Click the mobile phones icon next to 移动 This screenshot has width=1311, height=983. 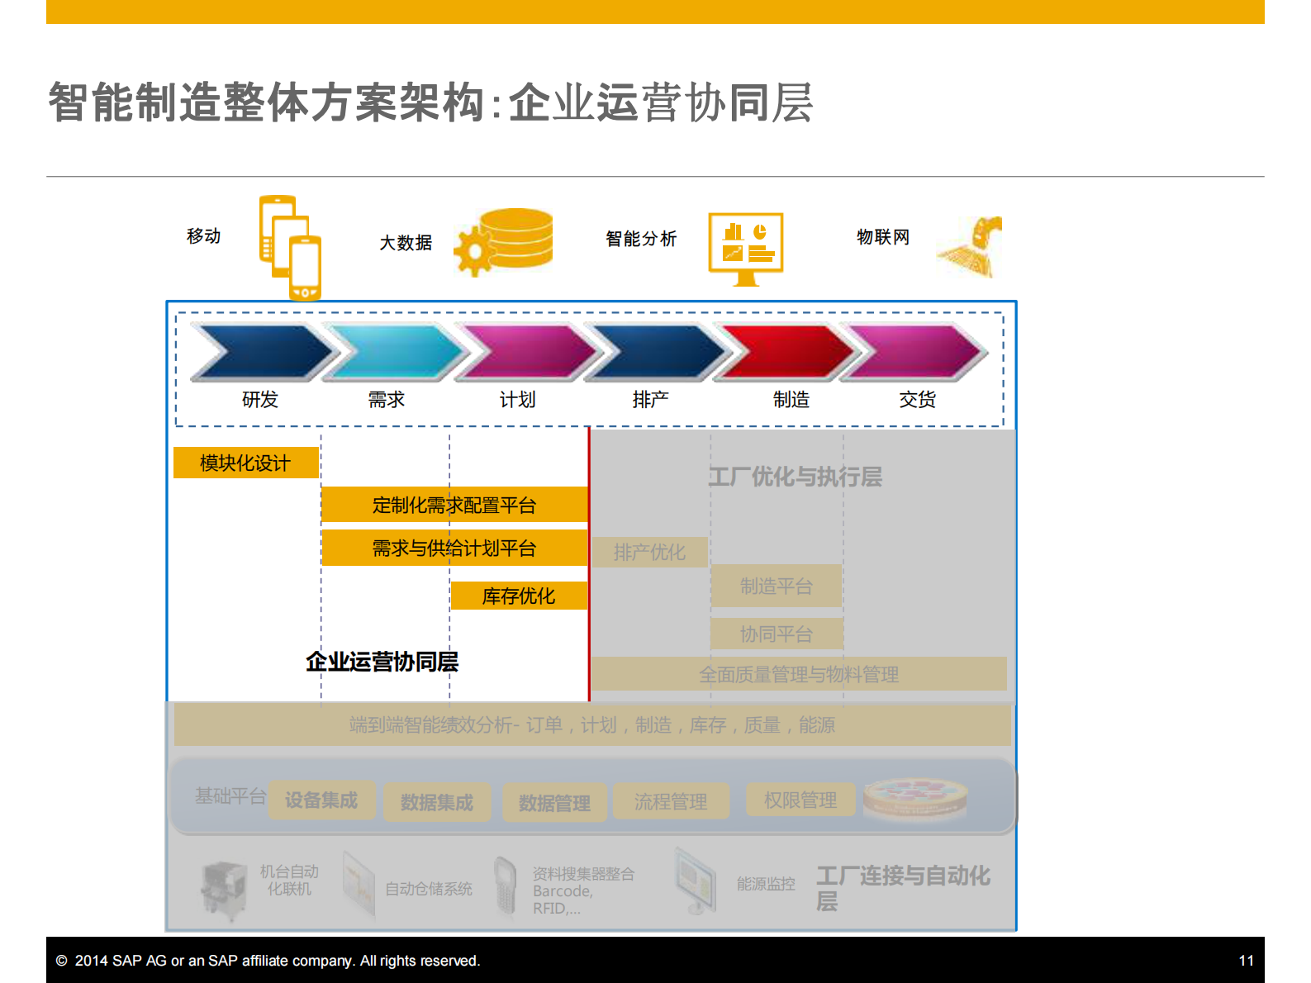[290, 246]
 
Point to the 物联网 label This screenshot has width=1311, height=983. [882, 237]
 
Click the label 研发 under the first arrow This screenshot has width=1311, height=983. [259, 400]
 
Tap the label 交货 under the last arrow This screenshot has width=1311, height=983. [917, 400]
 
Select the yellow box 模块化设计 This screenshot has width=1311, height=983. [245, 463]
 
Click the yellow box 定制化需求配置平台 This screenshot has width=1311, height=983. [454, 505]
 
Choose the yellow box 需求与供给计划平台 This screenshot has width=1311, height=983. [454, 548]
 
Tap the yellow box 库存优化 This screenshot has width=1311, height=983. [518, 596]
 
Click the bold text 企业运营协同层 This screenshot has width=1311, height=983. [382, 662]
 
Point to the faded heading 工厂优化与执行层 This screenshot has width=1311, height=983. [795, 477]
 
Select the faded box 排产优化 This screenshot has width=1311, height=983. [649, 552]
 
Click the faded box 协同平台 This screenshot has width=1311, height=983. [776, 634]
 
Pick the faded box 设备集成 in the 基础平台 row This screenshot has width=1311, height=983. [321, 800]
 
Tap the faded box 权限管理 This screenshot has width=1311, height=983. [800, 800]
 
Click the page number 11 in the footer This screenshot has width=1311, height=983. [1246, 961]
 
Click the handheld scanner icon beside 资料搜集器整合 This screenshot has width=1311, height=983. [504, 886]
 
